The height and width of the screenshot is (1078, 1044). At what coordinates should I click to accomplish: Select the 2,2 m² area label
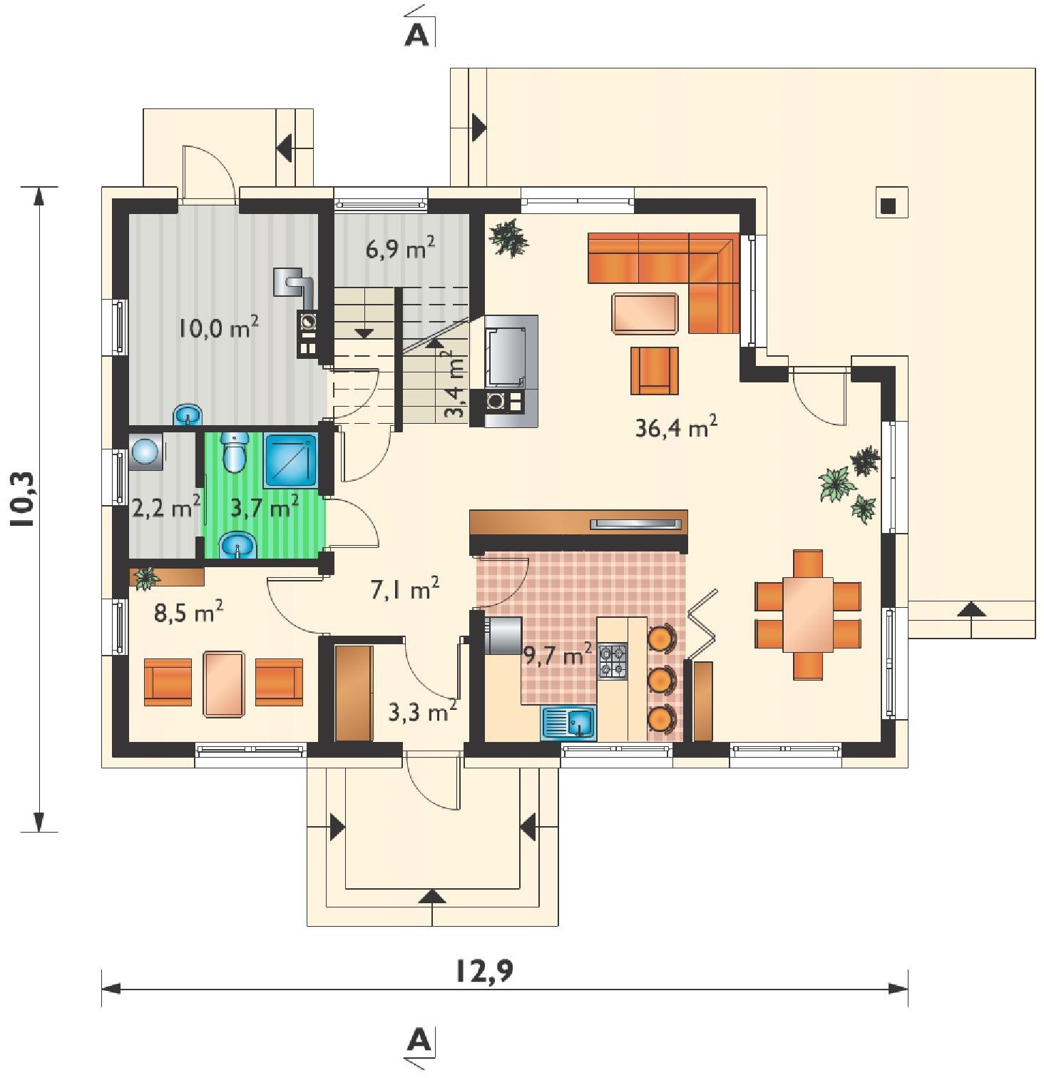click(166, 509)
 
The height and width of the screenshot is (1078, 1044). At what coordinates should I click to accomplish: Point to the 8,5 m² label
click(189, 612)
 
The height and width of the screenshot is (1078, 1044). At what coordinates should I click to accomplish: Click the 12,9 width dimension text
click(484, 972)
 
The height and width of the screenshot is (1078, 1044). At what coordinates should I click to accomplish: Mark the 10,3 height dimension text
click(23, 499)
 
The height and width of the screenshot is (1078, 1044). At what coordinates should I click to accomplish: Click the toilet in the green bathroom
click(235, 452)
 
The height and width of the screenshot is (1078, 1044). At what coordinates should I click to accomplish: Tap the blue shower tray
click(290, 461)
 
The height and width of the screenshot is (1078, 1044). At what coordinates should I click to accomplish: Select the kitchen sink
click(568, 723)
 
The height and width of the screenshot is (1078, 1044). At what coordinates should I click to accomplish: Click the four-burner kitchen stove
click(613, 661)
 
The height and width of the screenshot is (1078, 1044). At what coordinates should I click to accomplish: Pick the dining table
click(808, 614)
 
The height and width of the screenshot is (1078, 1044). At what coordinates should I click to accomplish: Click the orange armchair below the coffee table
click(655, 370)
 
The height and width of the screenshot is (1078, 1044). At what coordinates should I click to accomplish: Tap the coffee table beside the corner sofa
click(645, 314)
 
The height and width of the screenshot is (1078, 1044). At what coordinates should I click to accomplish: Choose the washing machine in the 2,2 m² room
click(145, 451)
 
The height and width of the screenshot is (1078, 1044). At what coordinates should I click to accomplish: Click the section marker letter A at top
click(417, 35)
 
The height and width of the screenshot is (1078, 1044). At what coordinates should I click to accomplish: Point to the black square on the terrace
click(888, 206)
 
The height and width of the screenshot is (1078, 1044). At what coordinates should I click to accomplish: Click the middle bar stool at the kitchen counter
click(661, 680)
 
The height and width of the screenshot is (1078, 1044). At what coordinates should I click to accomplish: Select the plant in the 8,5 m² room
click(147, 578)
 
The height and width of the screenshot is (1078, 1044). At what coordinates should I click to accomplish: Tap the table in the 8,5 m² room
click(224, 683)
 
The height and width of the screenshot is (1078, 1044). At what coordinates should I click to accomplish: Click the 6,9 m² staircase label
click(401, 250)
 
